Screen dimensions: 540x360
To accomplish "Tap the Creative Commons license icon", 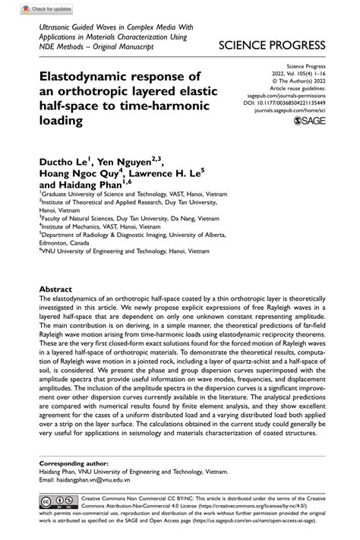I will point(62,503).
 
